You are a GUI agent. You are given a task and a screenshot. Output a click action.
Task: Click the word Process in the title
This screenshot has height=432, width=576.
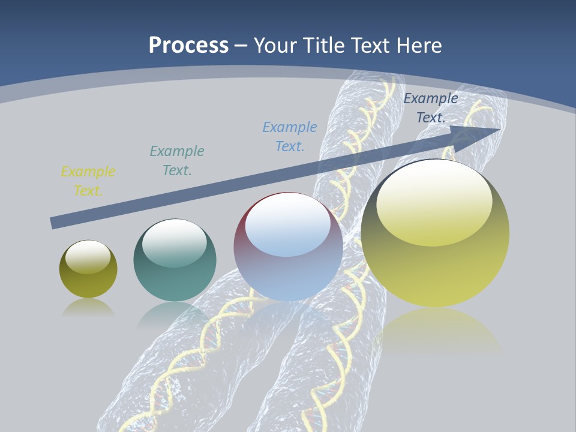[x=188, y=46]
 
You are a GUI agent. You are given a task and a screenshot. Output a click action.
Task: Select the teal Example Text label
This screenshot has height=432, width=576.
[x=177, y=161]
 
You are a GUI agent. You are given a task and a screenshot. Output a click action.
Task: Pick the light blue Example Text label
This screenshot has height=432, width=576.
[x=290, y=137]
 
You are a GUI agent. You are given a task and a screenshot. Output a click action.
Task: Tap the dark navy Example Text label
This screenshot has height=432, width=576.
[x=430, y=108]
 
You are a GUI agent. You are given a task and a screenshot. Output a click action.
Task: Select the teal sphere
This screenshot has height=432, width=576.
[x=175, y=282]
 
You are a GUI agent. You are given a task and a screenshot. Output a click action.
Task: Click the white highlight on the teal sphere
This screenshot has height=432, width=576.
[x=175, y=244]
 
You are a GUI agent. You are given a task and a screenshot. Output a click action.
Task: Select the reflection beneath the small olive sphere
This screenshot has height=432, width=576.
[x=88, y=308]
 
